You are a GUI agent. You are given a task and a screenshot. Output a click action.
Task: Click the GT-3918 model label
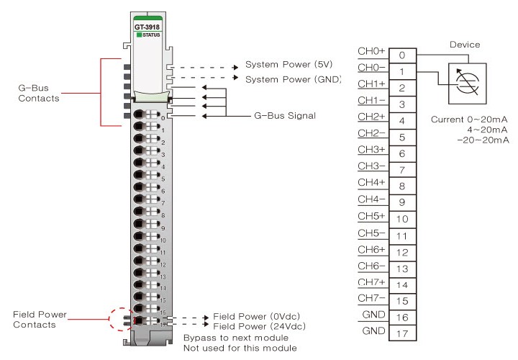tap(147, 27)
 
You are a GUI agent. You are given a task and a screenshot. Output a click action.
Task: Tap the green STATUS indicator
tap(138, 35)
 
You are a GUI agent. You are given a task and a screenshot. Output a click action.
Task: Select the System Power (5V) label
tap(288, 65)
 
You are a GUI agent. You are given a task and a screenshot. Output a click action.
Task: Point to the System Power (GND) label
tap(291, 78)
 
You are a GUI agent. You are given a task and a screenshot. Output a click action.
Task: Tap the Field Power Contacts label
tap(35, 320)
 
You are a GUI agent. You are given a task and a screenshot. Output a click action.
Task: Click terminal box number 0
tap(403, 55)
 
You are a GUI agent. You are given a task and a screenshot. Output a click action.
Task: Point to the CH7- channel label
tap(371, 297)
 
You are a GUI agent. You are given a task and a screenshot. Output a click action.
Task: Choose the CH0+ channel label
tap(371, 51)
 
